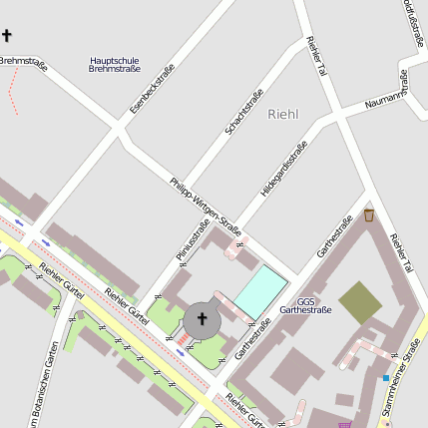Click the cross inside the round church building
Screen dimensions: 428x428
coord(202,319)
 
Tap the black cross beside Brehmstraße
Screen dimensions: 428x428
coord(7,36)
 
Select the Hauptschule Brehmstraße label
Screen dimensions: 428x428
coord(115,64)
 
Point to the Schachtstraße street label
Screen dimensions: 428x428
coord(243,112)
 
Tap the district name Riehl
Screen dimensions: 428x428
coord(283,115)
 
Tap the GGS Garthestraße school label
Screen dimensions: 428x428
coord(305,305)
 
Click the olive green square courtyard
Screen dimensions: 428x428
coord(359,302)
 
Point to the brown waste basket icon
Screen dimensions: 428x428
coord(369,214)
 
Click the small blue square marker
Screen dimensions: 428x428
coord(386,378)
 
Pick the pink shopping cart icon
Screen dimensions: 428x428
coord(345,424)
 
